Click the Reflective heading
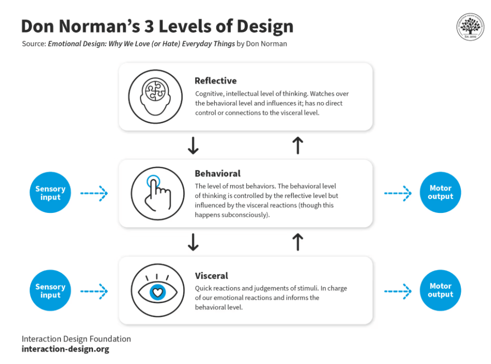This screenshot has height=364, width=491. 215,81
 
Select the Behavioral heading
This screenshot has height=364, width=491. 217,173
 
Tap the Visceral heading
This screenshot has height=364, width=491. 211,276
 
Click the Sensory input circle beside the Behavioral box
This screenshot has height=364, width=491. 50,193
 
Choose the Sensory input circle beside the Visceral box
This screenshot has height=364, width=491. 50,291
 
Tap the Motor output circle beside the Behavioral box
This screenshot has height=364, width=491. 440,193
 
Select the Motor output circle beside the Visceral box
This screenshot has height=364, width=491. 440,290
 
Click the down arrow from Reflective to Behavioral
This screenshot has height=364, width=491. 193,145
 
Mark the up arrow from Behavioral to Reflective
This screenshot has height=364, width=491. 298,145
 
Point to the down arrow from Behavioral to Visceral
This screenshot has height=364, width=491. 193,242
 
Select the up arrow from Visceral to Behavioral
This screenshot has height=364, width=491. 298,242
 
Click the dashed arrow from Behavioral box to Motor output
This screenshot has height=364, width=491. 398,194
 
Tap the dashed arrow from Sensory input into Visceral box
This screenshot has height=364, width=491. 94,291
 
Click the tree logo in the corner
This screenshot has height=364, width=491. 470,27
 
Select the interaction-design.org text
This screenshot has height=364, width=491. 65,349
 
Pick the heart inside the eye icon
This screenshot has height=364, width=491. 157,292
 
